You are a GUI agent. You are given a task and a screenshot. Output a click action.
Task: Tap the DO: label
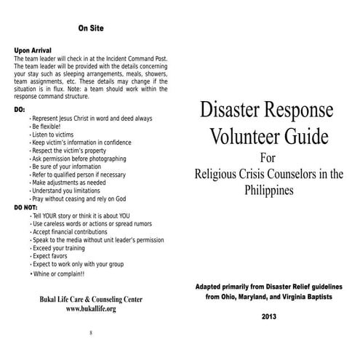20,109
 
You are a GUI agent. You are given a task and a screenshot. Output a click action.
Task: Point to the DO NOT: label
26,207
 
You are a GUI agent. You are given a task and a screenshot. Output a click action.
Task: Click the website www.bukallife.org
91,308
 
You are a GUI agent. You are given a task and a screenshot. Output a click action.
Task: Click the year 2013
269,316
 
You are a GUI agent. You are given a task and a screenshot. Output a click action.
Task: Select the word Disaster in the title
231,111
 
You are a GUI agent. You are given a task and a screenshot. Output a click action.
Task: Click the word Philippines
268,191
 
